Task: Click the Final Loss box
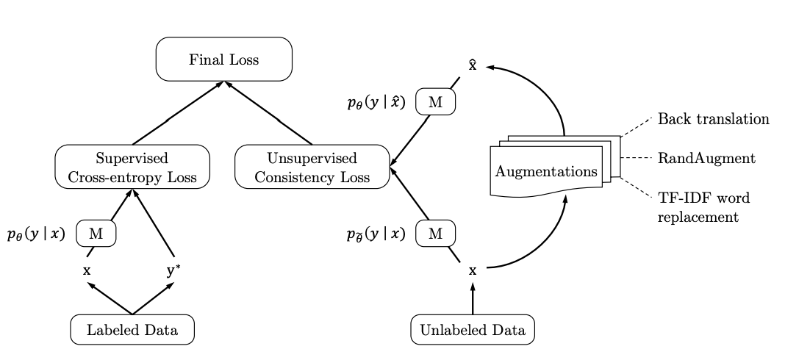tap(224, 60)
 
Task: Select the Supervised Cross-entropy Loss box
tap(132, 167)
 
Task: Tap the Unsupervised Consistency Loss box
tap(312, 167)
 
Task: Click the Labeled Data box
tap(132, 330)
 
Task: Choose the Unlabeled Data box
tap(472, 330)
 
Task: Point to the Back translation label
tap(713, 119)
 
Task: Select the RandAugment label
tap(706, 158)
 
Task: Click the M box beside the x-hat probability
tap(436, 102)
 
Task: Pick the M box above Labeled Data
tap(96, 234)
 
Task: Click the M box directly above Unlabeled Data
tap(436, 234)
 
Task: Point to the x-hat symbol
tap(473, 65)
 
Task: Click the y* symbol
tap(173, 270)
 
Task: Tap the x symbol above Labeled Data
tap(87, 270)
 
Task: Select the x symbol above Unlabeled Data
tap(473, 270)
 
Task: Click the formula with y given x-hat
tap(376, 103)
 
